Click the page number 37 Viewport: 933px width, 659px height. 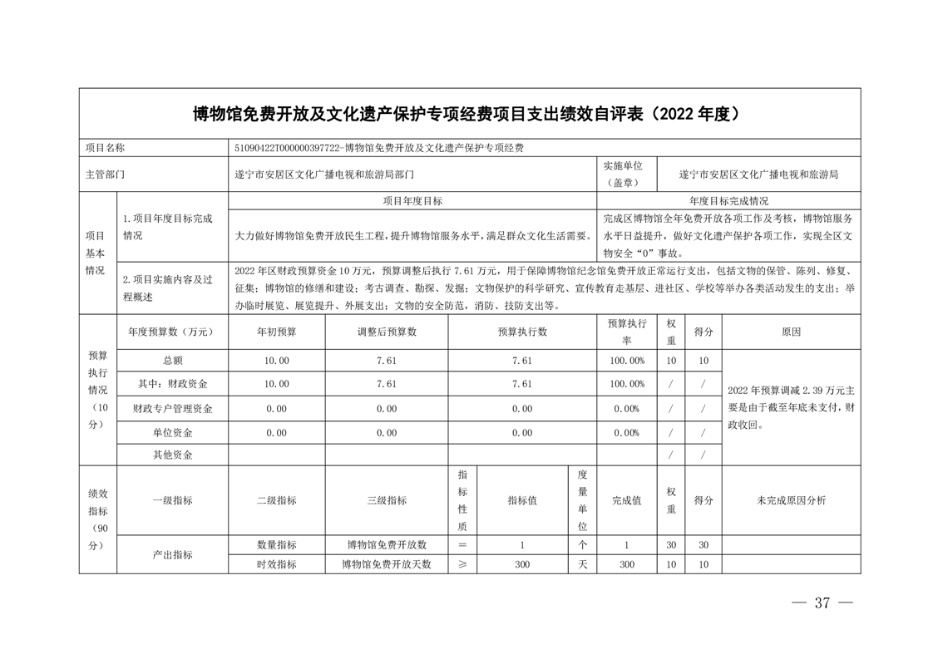tap(822, 603)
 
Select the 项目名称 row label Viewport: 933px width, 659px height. tap(105, 148)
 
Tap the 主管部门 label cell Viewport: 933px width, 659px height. tap(105, 175)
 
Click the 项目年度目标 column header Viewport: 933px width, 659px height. tap(412, 201)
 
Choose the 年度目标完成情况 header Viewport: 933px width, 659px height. tap(728, 201)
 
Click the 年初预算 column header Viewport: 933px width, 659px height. tap(276, 332)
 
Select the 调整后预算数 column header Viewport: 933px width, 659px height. tap(386, 332)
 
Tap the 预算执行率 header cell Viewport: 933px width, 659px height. tap(626, 332)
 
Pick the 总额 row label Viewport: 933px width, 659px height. tap(172, 361)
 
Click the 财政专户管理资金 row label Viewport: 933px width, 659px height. tap(172, 409)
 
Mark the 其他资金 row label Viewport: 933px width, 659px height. tap(172, 455)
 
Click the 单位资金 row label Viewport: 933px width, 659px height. tap(172, 433)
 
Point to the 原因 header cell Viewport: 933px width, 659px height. tap(791, 332)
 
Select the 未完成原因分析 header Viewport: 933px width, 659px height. tap(791, 500)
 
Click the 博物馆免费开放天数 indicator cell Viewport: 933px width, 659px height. tap(386, 564)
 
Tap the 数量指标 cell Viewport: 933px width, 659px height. tap(276, 545)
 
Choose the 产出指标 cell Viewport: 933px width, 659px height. tap(172, 554)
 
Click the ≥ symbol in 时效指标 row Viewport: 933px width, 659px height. tap(462, 564)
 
